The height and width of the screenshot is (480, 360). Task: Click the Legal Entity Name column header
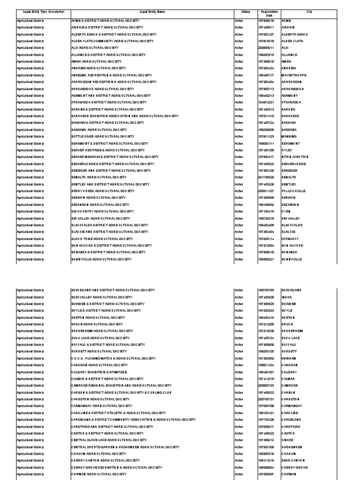pyautogui.click(x=152, y=12)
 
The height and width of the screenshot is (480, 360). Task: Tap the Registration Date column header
pyautogui.click(x=270, y=13)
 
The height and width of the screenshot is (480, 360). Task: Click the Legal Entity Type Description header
pyautogui.click(x=40, y=12)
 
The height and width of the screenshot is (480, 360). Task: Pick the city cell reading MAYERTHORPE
pyautogui.click(x=294, y=75)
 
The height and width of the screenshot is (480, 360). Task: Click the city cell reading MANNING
pyautogui.click(x=289, y=136)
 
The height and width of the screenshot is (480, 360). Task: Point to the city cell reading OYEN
pyautogui.click(x=286, y=211)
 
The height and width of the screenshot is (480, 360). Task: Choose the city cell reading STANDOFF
pyautogui.click(x=290, y=239)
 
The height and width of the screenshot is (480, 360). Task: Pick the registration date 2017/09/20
pyautogui.click(x=269, y=177)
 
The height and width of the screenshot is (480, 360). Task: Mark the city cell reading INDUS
pyautogui.click(x=286, y=297)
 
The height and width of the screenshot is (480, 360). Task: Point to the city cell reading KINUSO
pyautogui.click(x=288, y=440)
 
